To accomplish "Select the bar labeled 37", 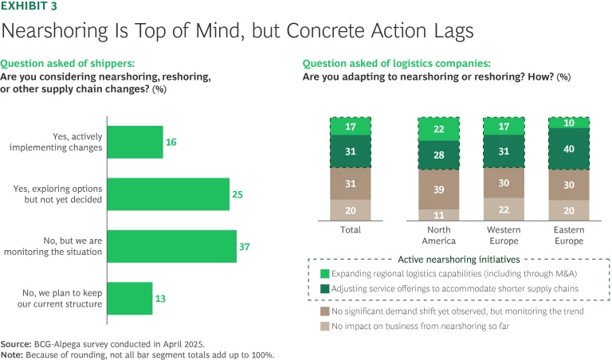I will [171, 246].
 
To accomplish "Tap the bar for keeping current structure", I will [128, 298].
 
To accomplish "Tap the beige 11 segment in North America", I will [440, 214].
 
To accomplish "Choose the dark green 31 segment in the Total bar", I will [351, 151].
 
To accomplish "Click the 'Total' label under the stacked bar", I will [351, 230].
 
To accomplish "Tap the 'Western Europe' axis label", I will [504, 235].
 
